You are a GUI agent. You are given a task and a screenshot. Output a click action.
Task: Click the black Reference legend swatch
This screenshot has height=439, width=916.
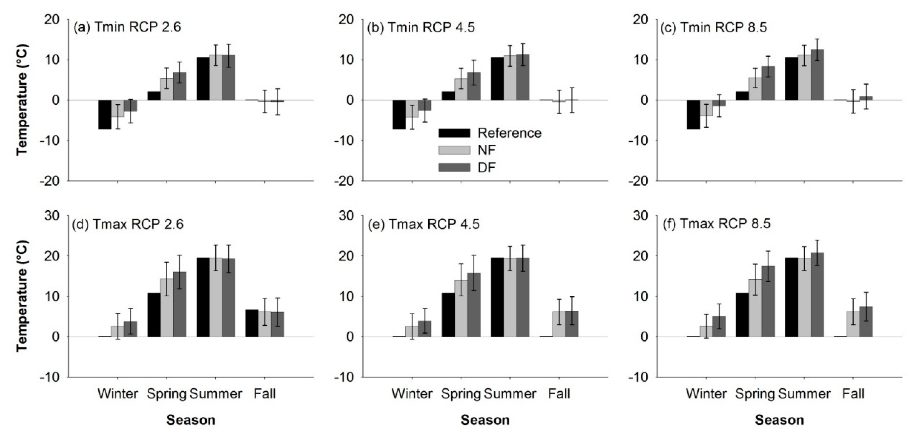[454, 133]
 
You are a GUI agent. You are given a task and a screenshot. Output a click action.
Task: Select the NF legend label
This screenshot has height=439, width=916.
[487, 150]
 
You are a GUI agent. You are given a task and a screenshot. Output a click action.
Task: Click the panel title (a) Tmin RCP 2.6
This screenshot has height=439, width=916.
[127, 27]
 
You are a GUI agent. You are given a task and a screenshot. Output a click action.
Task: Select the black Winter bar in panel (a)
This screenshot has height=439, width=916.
[105, 115]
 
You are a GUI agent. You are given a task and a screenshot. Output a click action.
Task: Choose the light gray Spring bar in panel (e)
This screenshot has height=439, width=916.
[461, 308]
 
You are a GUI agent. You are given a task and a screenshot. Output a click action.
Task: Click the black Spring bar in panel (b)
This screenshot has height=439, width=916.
[448, 96]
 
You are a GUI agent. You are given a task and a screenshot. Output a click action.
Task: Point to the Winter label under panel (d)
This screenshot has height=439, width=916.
[118, 394]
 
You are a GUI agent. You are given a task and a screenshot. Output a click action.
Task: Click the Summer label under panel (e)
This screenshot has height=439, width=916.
[510, 394]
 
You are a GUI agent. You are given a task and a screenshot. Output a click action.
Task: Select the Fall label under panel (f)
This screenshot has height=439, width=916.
[853, 394]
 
